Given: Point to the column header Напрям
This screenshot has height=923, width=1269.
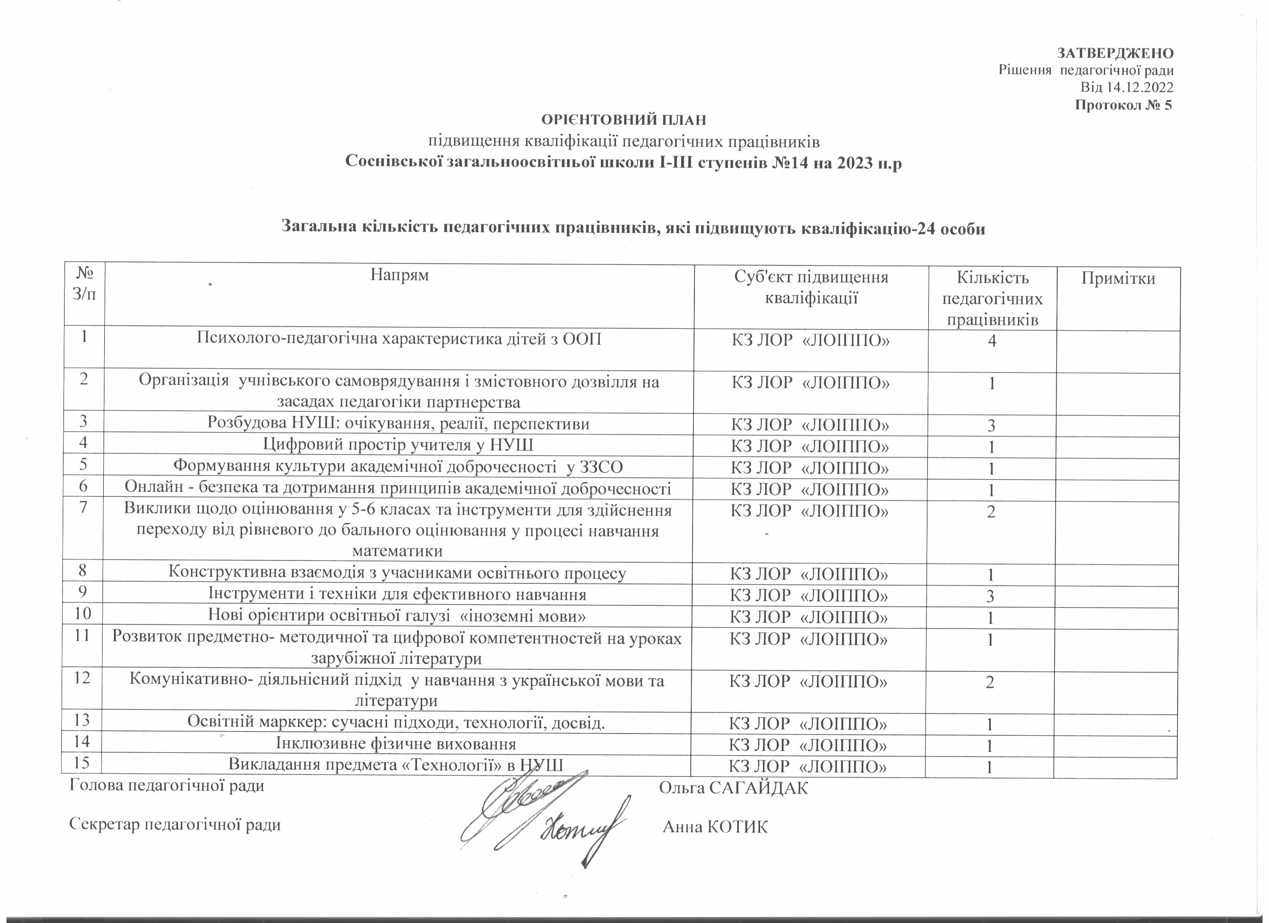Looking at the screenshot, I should pyautogui.click(x=399, y=275).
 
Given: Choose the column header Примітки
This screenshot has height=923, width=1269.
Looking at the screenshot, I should pyautogui.click(x=1118, y=278).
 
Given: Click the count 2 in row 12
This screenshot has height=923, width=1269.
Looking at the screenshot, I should pyautogui.click(x=990, y=682).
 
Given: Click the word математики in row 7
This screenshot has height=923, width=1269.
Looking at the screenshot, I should pyautogui.click(x=398, y=551).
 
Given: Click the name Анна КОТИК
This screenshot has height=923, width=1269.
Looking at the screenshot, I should pyautogui.click(x=715, y=827).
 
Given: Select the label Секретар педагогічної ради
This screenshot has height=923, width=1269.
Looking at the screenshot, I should pyautogui.click(x=175, y=825).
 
